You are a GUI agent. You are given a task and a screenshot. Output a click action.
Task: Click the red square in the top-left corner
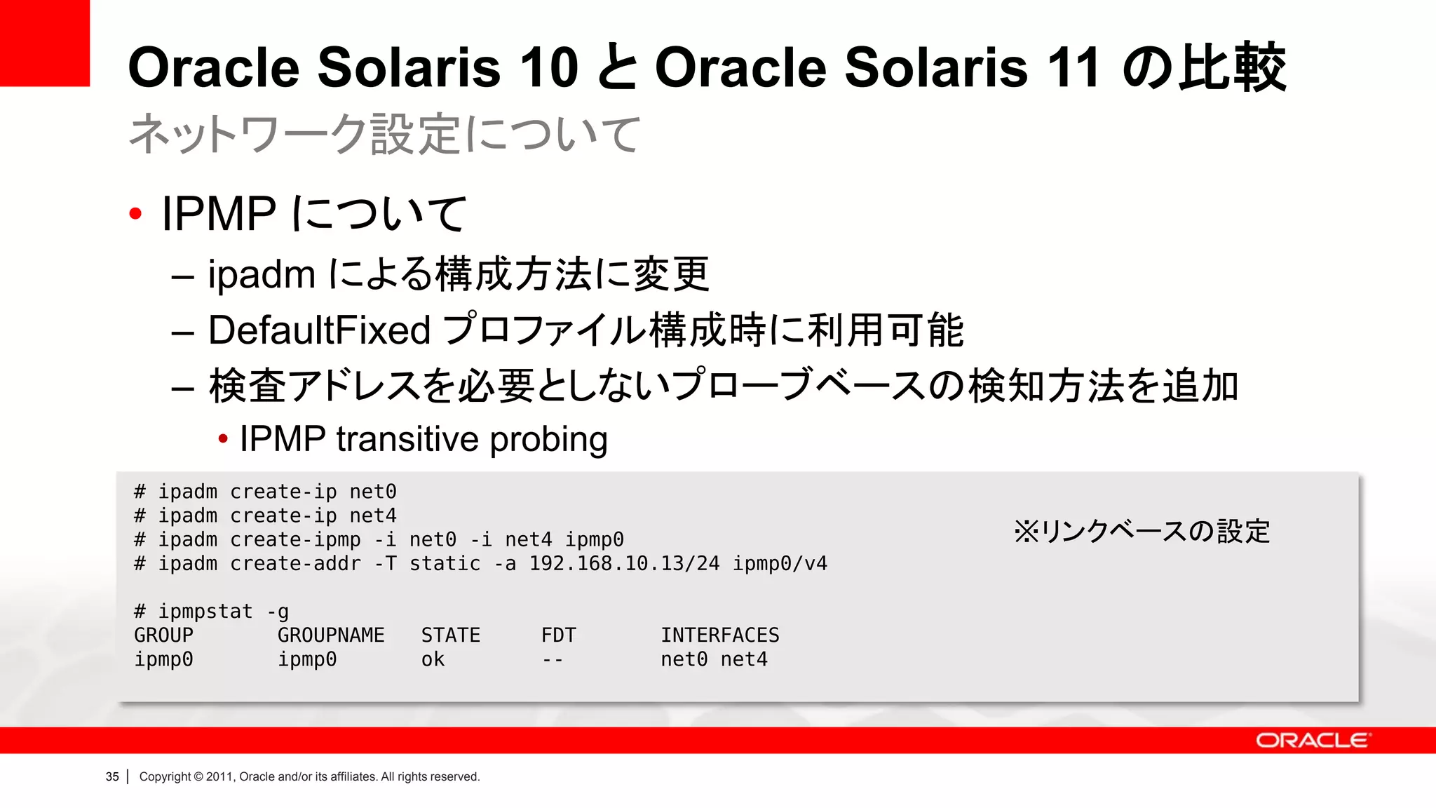click(x=45, y=43)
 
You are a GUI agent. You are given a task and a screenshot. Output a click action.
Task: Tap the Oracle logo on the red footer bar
click(x=1312, y=741)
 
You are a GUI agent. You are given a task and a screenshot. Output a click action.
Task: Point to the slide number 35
click(x=112, y=776)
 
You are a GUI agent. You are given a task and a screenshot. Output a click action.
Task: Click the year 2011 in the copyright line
click(x=219, y=776)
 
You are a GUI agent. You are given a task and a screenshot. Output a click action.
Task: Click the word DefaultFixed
click(x=319, y=330)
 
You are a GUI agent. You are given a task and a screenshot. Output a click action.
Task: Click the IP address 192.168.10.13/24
click(x=624, y=564)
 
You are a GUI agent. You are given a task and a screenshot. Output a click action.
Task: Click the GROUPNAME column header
click(x=331, y=635)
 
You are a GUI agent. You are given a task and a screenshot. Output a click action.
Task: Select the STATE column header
click(x=450, y=635)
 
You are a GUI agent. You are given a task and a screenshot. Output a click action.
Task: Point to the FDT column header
click(x=558, y=635)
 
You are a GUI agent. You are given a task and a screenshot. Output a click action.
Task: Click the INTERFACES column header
click(x=719, y=635)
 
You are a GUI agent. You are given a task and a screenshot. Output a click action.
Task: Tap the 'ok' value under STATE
click(x=433, y=659)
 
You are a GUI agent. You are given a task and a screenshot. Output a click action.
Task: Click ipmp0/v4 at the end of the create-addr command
click(x=780, y=564)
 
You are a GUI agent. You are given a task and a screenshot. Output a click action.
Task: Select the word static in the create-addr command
click(x=445, y=564)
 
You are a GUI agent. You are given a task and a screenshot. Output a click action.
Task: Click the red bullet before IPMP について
click(x=136, y=213)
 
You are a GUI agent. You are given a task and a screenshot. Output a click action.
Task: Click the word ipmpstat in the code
click(x=205, y=612)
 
